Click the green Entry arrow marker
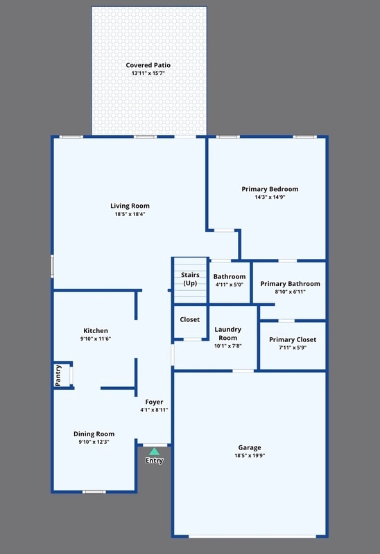click(x=154, y=452)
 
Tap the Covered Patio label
click(x=148, y=65)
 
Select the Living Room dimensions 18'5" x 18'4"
click(x=130, y=214)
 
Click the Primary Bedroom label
click(x=270, y=189)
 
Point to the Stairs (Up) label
click(x=190, y=279)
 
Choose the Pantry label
click(x=58, y=375)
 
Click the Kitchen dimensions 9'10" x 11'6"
click(x=96, y=339)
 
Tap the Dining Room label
click(x=94, y=434)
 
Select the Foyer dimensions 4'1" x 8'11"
click(x=154, y=410)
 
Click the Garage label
click(x=250, y=447)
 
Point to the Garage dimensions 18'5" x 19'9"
click(x=250, y=456)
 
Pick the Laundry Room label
click(x=227, y=333)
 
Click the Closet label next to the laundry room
click(x=190, y=320)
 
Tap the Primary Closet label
click(x=293, y=339)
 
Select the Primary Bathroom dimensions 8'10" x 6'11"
click(x=290, y=292)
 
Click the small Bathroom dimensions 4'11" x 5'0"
click(x=230, y=285)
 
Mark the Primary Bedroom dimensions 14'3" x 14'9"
click(x=270, y=197)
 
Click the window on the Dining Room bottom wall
click(x=94, y=492)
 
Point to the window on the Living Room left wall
click(x=52, y=267)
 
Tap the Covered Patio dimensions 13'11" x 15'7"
click(x=148, y=73)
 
